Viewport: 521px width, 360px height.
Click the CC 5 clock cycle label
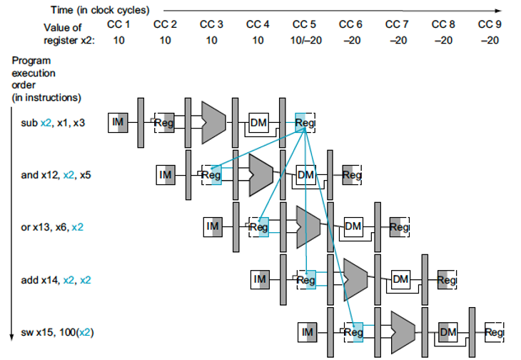click(x=304, y=24)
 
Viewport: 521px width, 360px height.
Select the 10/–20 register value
click(x=306, y=40)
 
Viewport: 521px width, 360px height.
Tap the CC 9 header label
click(x=490, y=24)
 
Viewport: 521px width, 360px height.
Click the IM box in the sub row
click(x=118, y=123)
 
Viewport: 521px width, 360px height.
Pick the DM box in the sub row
click(x=259, y=123)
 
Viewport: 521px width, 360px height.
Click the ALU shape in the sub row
click(x=213, y=123)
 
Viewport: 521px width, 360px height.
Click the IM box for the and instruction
click(x=166, y=175)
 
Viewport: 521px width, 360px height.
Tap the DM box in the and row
click(x=306, y=175)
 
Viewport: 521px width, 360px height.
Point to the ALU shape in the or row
click(x=308, y=227)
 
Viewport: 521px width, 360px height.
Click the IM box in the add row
click(x=260, y=279)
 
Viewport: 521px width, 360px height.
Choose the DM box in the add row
click(x=400, y=279)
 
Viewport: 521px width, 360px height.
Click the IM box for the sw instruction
click(x=308, y=332)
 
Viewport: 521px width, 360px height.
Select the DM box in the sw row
click(x=448, y=332)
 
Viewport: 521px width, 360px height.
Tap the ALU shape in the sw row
click(x=403, y=333)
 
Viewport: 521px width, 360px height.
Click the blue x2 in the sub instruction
click(x=46, y=123)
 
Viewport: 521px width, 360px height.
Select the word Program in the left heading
click(x=31, y=61)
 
